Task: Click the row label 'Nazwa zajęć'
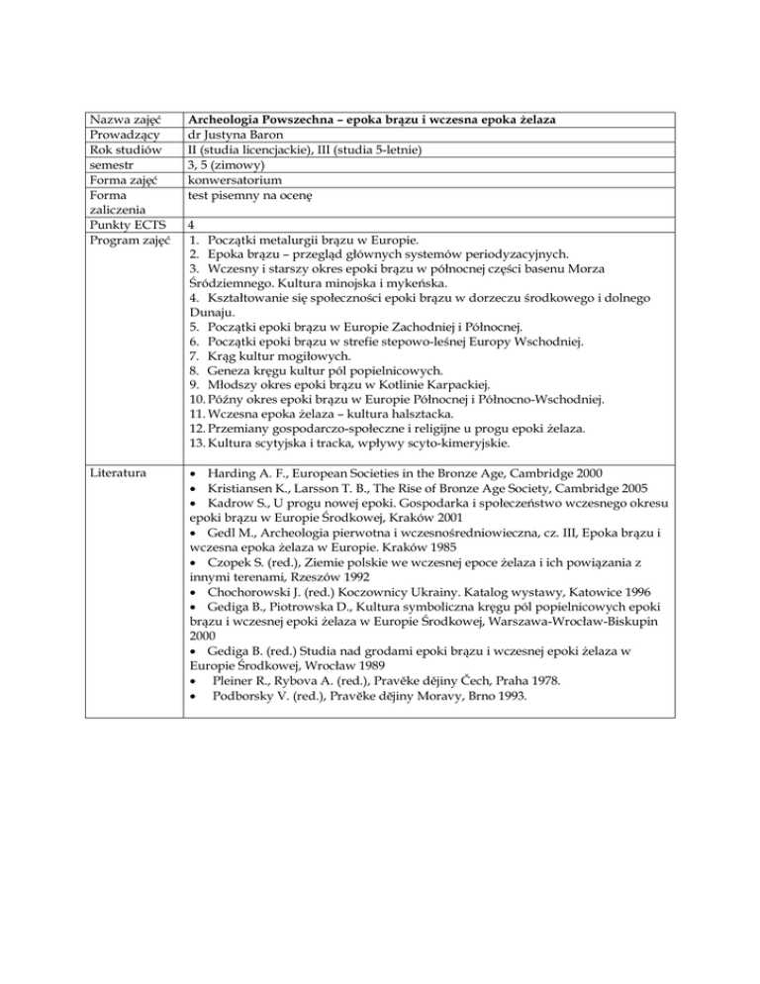[x=127, y=120]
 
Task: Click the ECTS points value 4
[x=191, y=227]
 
